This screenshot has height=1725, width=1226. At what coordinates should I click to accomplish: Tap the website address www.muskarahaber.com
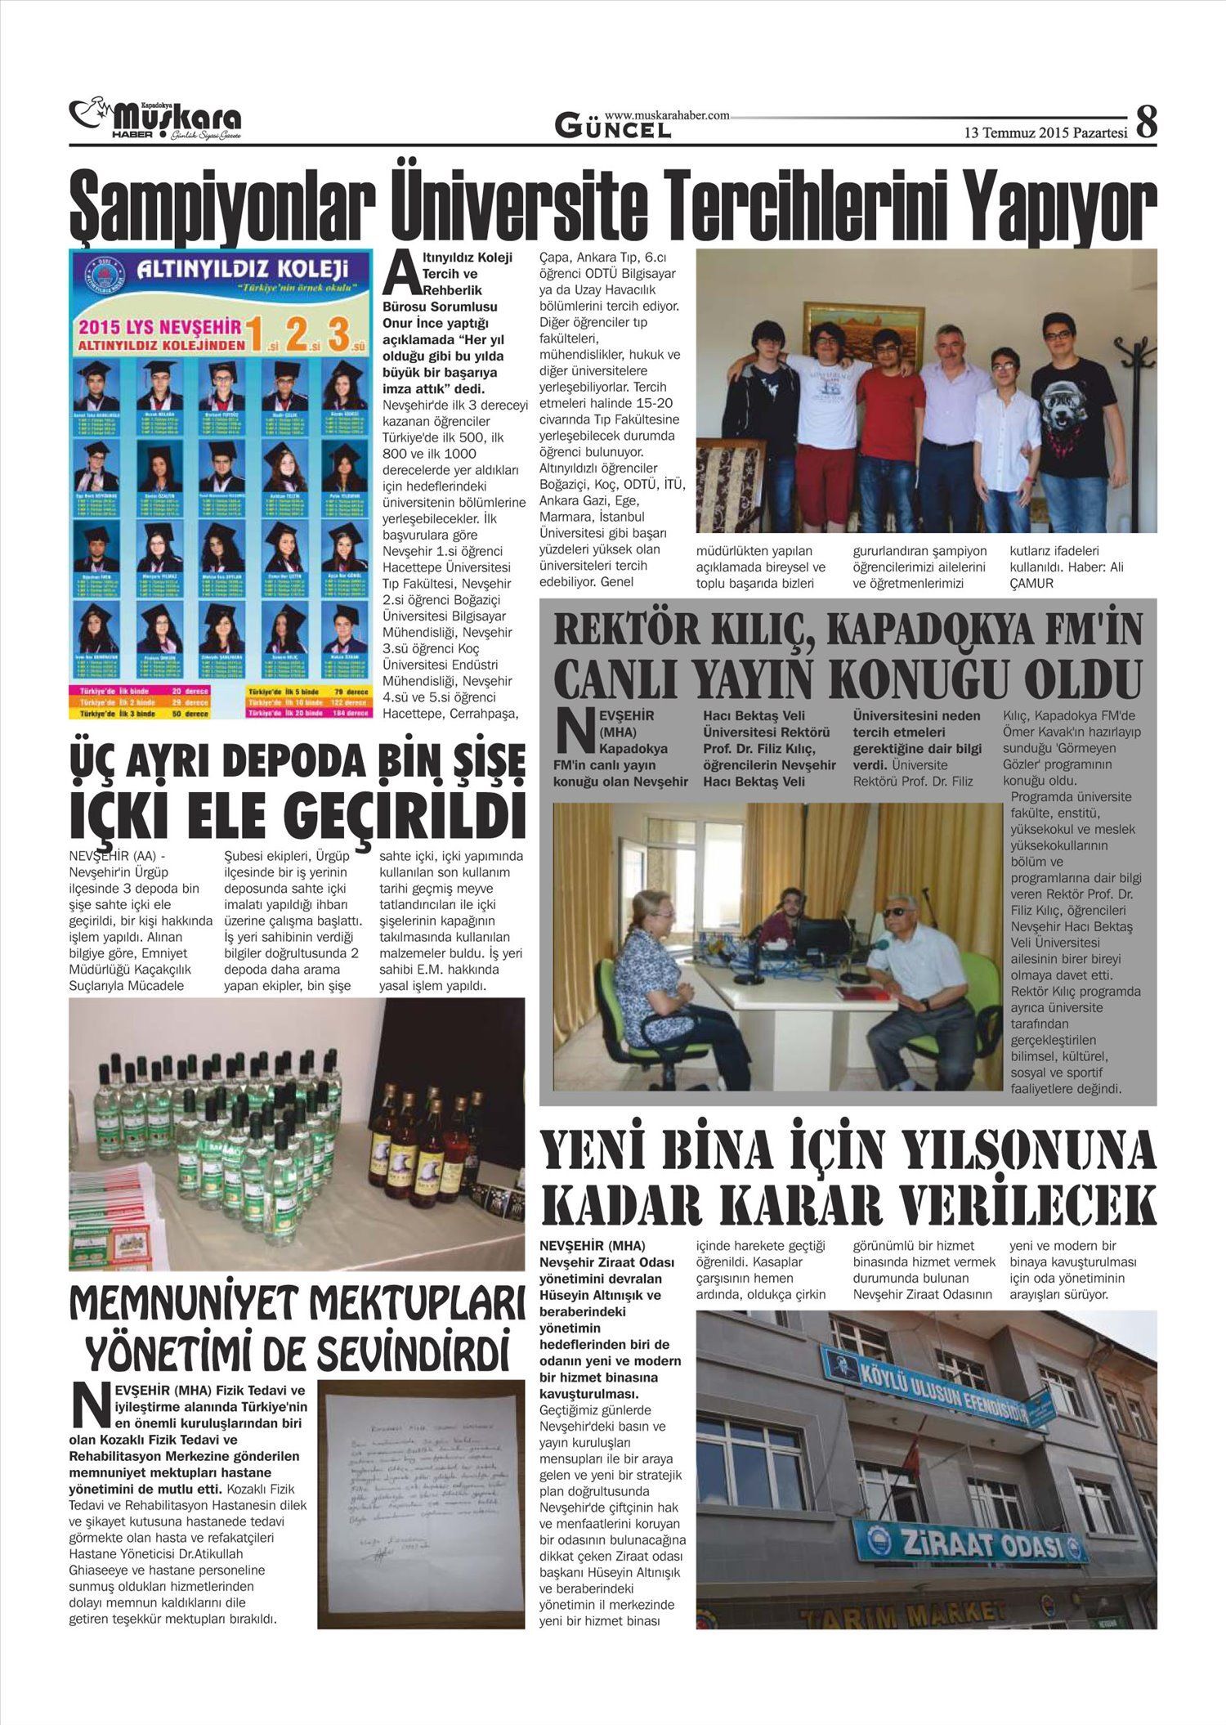coord(667,116)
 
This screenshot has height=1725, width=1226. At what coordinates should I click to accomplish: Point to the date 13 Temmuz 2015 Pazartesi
coord(1045,132)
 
